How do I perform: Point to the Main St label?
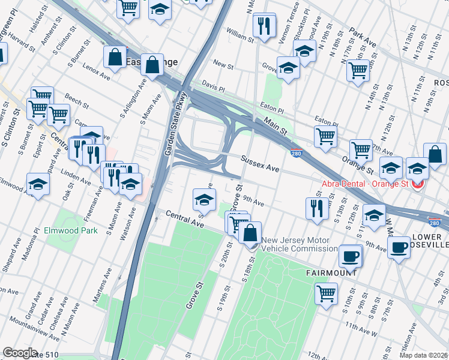[275, 127]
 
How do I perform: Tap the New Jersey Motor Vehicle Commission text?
[299, 244]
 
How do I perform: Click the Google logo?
[20, 353]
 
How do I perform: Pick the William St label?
[240, 37]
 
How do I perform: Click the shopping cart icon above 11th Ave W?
[326, 294]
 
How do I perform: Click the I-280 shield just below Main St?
[296, 153]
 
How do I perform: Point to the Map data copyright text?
[423, 355]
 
